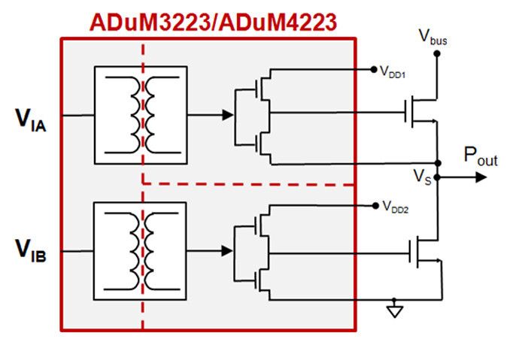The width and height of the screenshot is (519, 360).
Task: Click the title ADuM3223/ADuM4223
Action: pos(213,23)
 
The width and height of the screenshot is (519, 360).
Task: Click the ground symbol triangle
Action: pos(394,310)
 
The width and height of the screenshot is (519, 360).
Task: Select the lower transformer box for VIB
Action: pos(140,250)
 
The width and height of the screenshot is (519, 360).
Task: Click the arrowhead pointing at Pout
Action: pos(480,178)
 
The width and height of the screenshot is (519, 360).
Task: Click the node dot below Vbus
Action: pos(433,53)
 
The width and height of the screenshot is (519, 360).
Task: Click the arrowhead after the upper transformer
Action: pos(226,115)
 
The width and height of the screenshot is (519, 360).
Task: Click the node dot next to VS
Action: pos(439,178)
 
